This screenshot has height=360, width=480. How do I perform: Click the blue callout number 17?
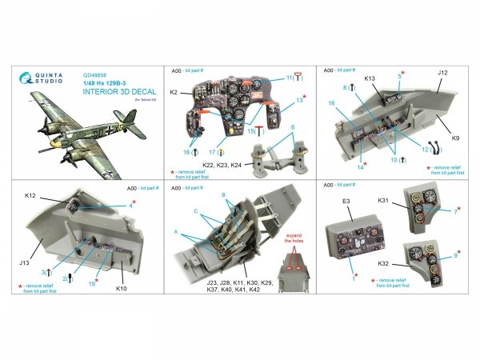click(210, 150)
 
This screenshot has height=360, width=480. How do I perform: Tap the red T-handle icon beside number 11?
click(298, 78)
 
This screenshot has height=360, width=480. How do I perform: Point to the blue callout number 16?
click(330, 103)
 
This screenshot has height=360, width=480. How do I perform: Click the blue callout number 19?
click(94, 282)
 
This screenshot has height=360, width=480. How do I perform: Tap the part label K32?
click(383, 263)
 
